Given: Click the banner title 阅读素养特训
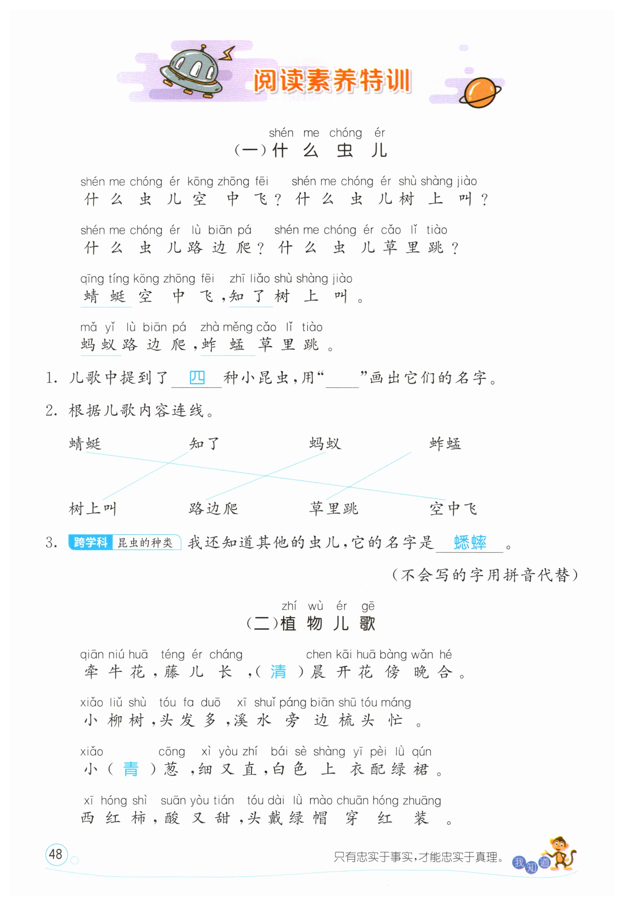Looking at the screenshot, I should point(331,81).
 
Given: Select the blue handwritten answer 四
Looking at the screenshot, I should point(197,378).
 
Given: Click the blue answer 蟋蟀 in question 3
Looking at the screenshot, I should point(470,543).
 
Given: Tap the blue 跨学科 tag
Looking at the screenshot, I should point(91,542).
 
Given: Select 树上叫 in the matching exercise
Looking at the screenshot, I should point(93,509).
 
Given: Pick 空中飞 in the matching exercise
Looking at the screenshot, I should point(453,509).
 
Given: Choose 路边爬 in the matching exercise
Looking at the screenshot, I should point(213,509).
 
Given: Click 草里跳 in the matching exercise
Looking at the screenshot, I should point(333,509).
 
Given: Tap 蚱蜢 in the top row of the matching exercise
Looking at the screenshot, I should point(445,444).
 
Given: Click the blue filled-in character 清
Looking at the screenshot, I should point(278,672).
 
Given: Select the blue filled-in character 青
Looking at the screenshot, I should point(130,769).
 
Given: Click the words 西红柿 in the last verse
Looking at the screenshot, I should point(113,818).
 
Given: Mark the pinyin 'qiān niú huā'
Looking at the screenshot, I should point(114,655).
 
